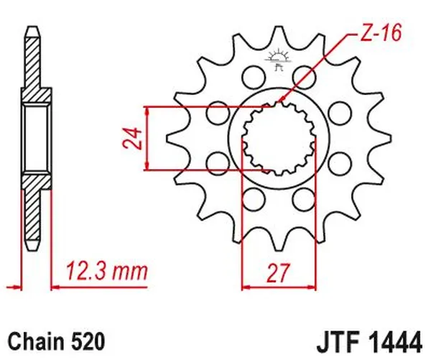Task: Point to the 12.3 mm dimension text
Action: (x=106, y=272)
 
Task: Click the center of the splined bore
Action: (x=277, y=138)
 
